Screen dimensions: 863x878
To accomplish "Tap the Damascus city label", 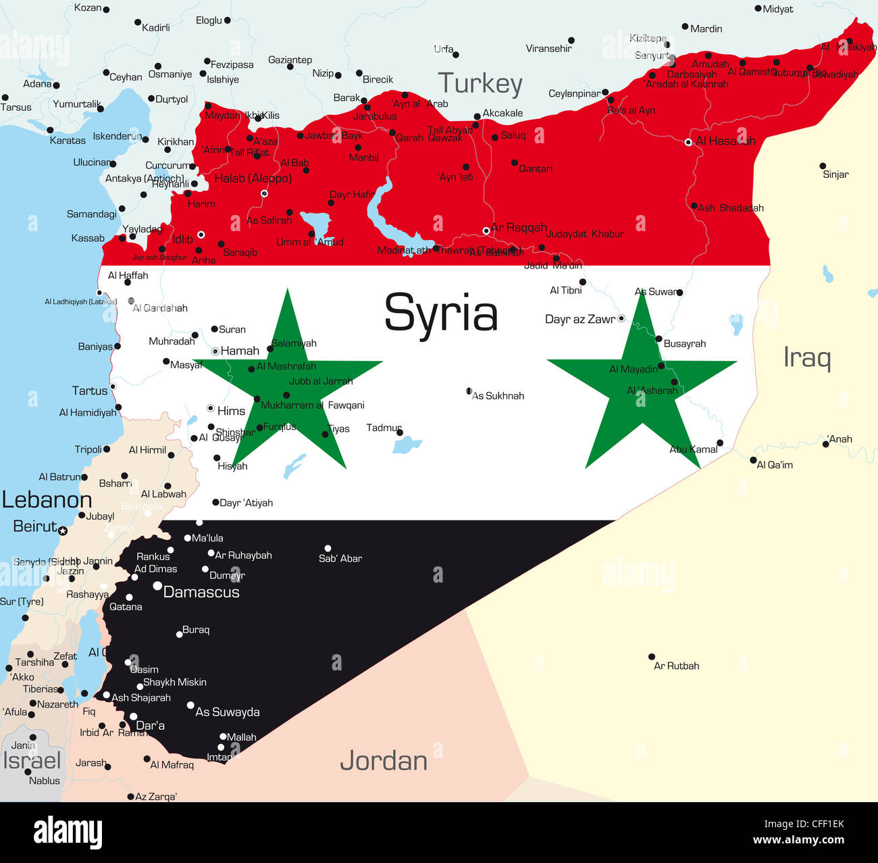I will [201, 592].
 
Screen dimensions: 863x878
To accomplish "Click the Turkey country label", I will [480, 84].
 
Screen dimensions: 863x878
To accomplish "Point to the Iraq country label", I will [807, 357].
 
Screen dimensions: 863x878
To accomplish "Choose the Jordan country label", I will [384, 761].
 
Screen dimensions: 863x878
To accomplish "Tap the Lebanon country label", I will [47, 500].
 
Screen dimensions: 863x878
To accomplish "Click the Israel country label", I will [32, 760].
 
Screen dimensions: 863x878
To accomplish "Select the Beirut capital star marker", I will [63, 531].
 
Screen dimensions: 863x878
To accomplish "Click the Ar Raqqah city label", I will [519, 228].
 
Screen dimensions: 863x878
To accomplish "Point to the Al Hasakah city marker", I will [688, 142].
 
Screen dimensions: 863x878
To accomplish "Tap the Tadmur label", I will [384, 428].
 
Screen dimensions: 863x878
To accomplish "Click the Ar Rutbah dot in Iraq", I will [652, 656].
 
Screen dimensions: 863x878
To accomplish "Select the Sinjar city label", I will [835, 174].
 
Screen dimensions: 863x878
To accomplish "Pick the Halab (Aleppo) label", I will [253, 178].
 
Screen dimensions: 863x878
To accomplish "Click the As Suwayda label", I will [228, 712].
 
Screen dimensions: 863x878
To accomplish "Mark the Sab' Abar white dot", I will [328, 549].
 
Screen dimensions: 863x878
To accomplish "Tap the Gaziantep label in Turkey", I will [290, 60].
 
